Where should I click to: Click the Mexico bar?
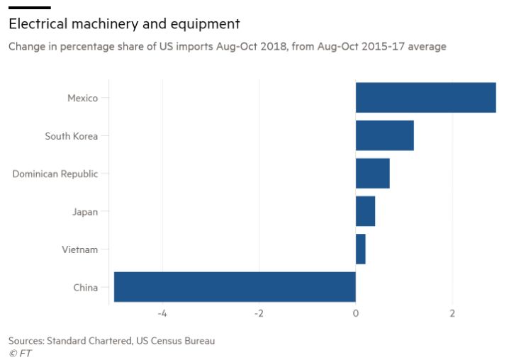tap(425, 98)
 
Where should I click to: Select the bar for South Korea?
tap(384, 135)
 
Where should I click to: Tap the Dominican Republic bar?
tap(372, 173)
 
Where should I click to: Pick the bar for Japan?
tap(365, 211)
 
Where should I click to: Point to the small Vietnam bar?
tap(360, 249)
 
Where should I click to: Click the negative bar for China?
tap(235, 287)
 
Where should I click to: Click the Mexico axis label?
tap(82, 99)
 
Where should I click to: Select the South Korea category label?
tap(72, 136)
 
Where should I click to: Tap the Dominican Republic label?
tap(55, 174)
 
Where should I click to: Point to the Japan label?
tap(85, 211)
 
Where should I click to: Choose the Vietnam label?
tap(81, 249)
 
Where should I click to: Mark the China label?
tap(85, 287)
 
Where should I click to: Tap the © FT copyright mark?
tap(20, 353)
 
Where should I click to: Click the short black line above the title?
tap(29, 8)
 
